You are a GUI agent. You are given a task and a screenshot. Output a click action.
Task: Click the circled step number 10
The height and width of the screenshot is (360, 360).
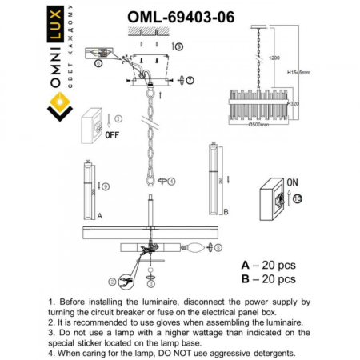pyautogui.click(x=298, y=198)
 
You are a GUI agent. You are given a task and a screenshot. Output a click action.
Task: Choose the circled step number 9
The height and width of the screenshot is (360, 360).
pyautogui.click(x=106, y=187)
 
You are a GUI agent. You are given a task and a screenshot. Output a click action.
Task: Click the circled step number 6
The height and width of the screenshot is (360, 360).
pyautogui.click(x=98, y=60)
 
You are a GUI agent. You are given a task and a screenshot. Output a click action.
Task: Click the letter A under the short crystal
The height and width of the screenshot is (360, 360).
pyautogui.click(x=98, y=216)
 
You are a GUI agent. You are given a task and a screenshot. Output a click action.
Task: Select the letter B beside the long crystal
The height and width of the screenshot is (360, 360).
pyautogui.click(x=226, y=211)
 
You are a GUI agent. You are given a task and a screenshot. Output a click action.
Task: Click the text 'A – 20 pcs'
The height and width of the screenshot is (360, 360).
pyautogui.click(x=270, y=264)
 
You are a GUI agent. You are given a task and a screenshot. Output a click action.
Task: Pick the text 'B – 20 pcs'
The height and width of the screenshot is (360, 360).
pyautogui.click(x=270, y=279)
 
